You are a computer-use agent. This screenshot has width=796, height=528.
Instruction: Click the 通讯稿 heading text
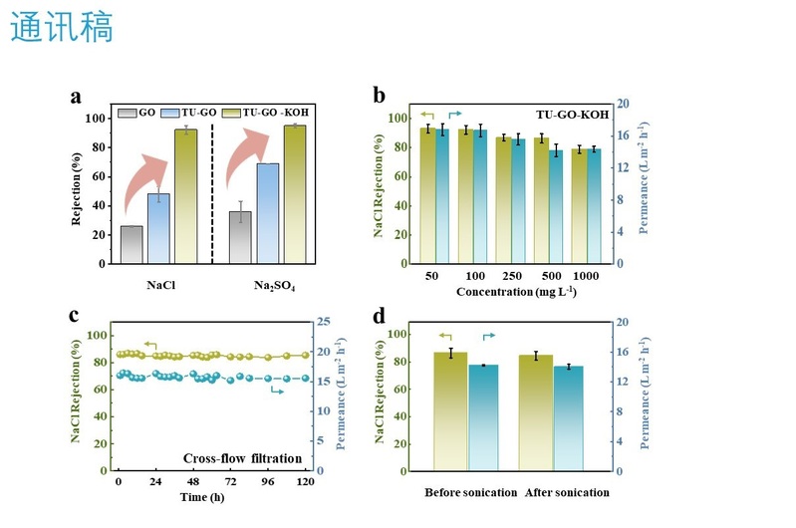tap(62, 27)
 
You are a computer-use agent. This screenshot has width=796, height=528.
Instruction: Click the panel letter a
tap(76, 97)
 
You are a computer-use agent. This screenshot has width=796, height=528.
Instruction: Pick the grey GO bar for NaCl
tap(131, 245)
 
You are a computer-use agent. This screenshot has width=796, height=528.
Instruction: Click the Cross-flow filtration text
tap(242, 458)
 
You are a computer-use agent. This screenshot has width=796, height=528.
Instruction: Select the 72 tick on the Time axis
tap(230, 482)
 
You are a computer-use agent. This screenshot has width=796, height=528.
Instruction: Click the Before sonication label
tap(470, 492)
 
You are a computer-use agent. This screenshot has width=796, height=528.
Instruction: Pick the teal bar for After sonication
tap(569, 417)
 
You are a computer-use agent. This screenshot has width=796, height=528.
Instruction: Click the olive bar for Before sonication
tap(449, 410)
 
